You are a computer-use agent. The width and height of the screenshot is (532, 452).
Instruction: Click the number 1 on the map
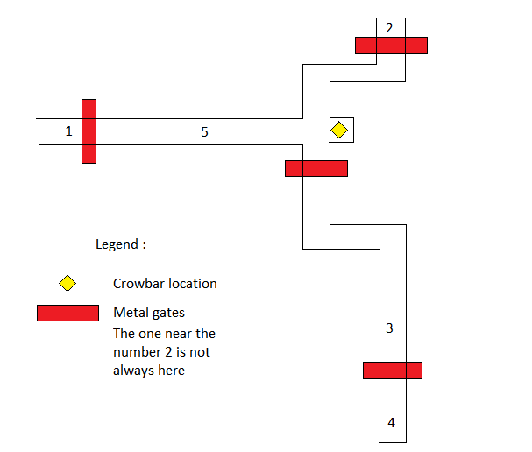(68, 131)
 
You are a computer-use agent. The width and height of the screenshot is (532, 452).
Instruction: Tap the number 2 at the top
(390, 27)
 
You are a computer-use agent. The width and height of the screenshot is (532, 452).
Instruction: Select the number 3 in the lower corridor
(390, 329)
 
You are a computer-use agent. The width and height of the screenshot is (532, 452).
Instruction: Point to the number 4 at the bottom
(391, 423)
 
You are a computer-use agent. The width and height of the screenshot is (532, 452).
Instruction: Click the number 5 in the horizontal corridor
(204, 131)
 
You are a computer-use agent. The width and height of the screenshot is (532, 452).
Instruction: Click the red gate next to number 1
(89, 131)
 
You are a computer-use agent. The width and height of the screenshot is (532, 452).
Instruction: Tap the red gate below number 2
(391, 46)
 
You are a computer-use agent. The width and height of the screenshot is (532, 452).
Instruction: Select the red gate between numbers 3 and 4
(393, 371)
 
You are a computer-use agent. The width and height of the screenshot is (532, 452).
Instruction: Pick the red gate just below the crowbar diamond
(316, 168)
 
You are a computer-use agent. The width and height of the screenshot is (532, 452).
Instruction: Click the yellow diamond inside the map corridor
(339, 131)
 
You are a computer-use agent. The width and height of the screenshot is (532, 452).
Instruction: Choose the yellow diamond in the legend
(67, 283)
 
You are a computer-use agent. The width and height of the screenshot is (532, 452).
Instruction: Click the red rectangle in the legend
(67, 313)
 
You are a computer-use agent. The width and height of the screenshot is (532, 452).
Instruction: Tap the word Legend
(117, 244)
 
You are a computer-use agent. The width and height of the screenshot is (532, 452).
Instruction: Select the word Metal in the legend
(130, 313)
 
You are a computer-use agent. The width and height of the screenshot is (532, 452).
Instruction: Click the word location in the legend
(193, 284)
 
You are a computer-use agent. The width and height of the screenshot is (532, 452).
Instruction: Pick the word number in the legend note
(136, 352)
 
